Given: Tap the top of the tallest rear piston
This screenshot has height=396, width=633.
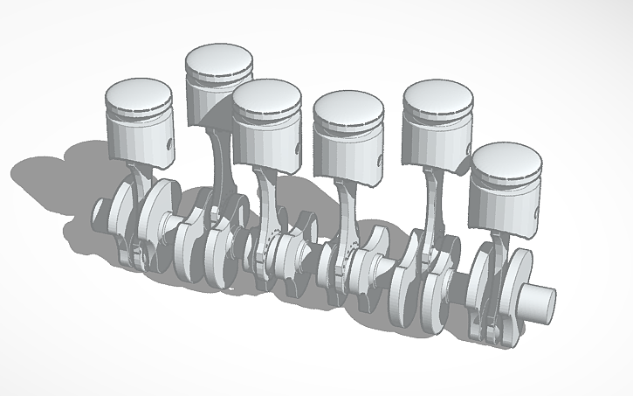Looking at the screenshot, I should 219,62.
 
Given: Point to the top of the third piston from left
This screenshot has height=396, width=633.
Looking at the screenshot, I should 266,94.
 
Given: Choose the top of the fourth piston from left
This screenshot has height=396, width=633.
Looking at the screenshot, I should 349,107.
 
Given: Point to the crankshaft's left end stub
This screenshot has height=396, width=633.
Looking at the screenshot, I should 102,211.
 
